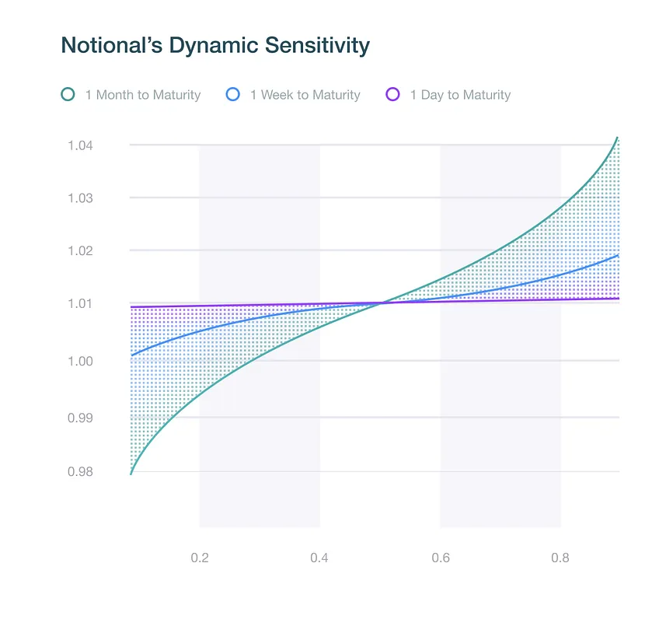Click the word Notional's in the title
click(x=112, y=45)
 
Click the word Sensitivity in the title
click(x=317, y=46)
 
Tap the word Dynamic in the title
click(x=214, y=46)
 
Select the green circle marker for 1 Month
click(x=68, y=94)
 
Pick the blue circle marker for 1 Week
click(x=233, y=94)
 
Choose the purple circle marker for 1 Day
click(x=392, y=94)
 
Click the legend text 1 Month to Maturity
click(x=143, y=95)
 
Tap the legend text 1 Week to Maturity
click(x=305, y=95)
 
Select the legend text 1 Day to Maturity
click(x=460, y=95)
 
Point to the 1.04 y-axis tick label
click(x=80, y=145)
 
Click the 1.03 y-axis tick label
click(x=80, y=198)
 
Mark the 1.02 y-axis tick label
click(x=80, y=250)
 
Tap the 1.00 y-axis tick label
click(x=80, y=361)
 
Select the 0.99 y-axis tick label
click(x=80, y=418)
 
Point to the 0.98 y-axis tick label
click(x=80, y=472)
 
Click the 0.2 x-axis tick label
click(x=200, y=558)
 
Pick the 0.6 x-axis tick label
click(x=441, y=558)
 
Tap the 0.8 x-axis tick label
click(x=560, y=558)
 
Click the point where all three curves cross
click(x=382, y=303)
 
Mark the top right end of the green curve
click(x=617, y=138)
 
